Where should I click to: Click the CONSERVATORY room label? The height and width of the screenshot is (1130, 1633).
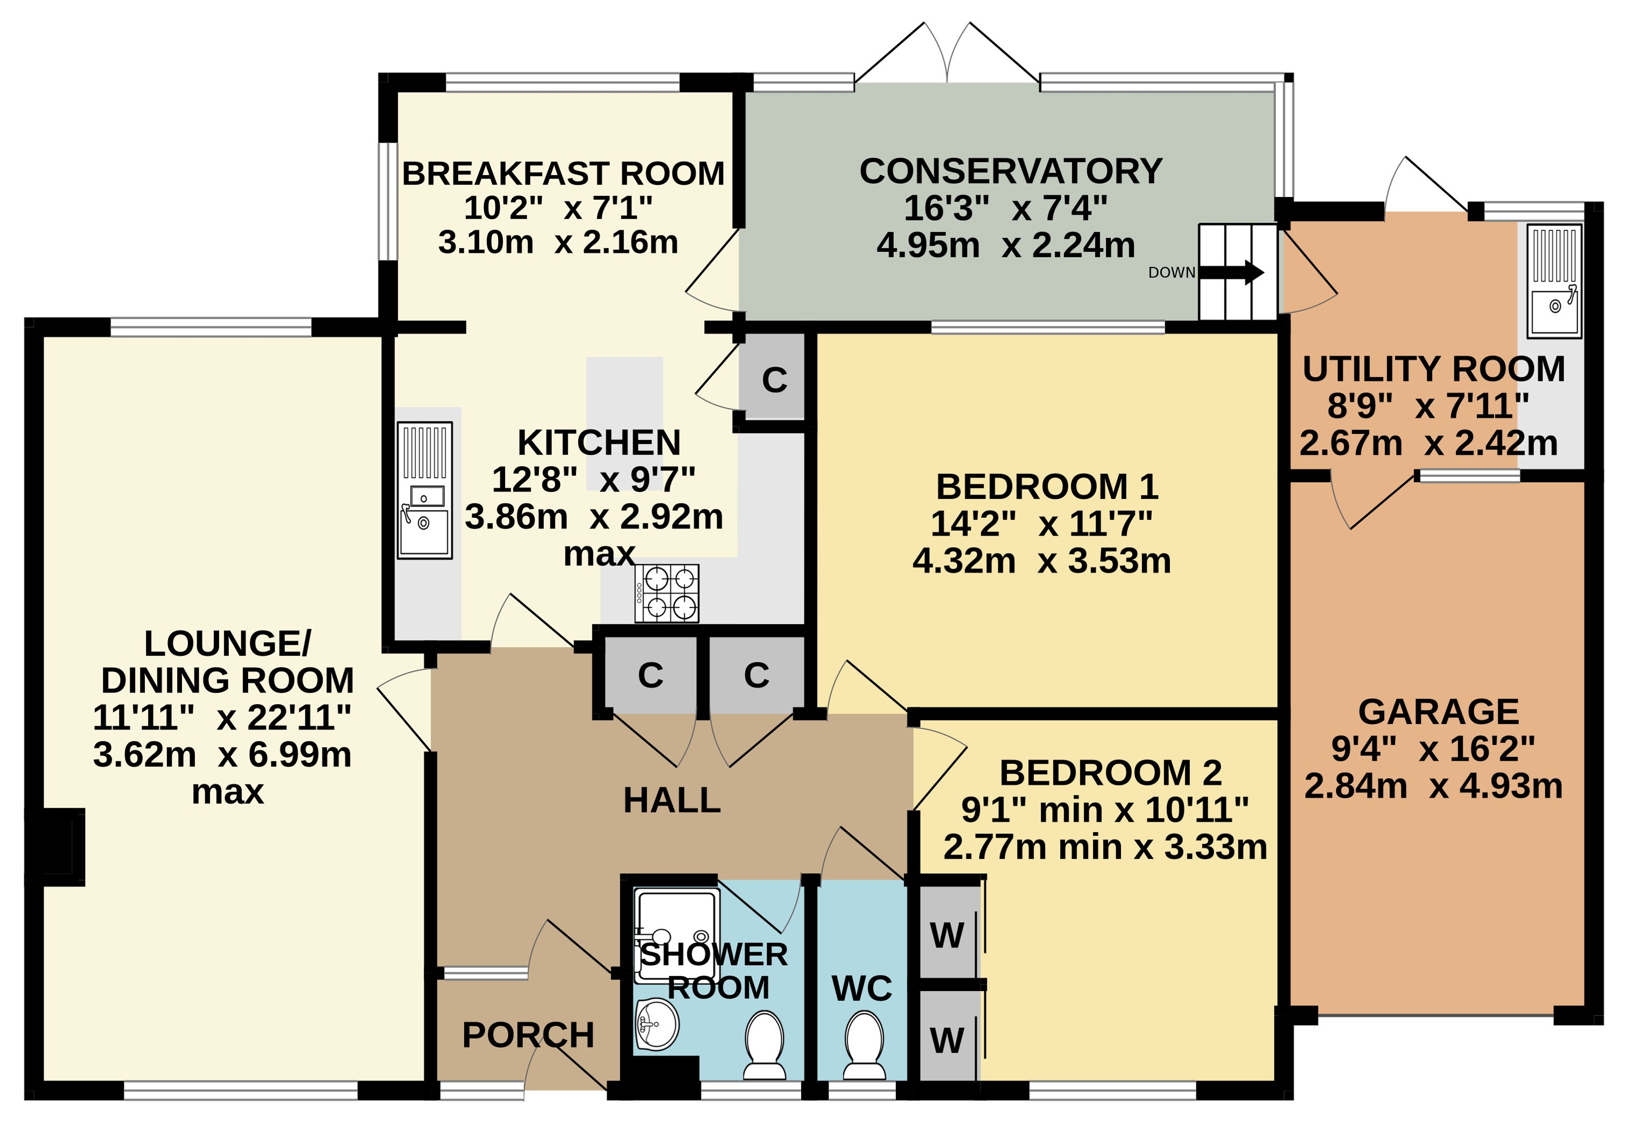point(1011,171)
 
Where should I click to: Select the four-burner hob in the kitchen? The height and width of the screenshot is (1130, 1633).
point(667,593)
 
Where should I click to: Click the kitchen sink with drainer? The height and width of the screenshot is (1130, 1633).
point(424,490)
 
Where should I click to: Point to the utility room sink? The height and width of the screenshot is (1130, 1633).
point(1554,281)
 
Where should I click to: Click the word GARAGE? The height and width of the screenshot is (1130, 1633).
point(1438,712)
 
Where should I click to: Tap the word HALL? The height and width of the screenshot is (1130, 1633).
point(671,801)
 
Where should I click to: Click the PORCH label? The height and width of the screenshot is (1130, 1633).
point(528,1035)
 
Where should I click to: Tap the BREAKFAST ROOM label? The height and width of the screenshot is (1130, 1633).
point(563,173)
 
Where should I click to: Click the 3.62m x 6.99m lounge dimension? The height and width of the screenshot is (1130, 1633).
point(222,755)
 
